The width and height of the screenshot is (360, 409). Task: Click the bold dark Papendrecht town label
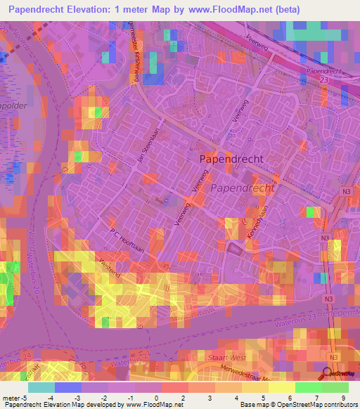click(231, 159)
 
